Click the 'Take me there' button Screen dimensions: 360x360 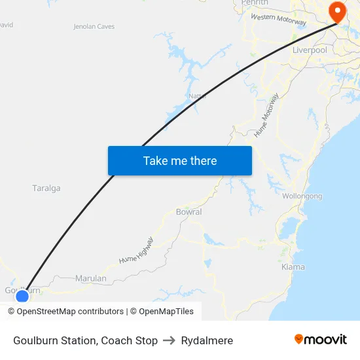180,160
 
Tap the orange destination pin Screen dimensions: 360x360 338,11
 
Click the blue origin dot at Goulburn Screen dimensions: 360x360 22,297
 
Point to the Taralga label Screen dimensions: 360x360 46,189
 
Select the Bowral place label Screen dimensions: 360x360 189,212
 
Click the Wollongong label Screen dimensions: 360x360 302,196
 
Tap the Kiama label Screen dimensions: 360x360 293,267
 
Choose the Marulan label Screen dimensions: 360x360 91,278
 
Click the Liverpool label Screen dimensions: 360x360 310,50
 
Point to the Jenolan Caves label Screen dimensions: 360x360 94,27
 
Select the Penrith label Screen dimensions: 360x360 255,3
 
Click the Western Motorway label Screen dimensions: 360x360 278,20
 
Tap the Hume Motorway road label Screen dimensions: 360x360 266,115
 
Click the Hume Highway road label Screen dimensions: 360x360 136,250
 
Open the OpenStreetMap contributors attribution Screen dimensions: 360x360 65,312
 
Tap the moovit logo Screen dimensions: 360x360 321,340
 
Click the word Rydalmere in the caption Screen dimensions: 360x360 207,340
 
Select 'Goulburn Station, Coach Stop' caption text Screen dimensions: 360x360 85,340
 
